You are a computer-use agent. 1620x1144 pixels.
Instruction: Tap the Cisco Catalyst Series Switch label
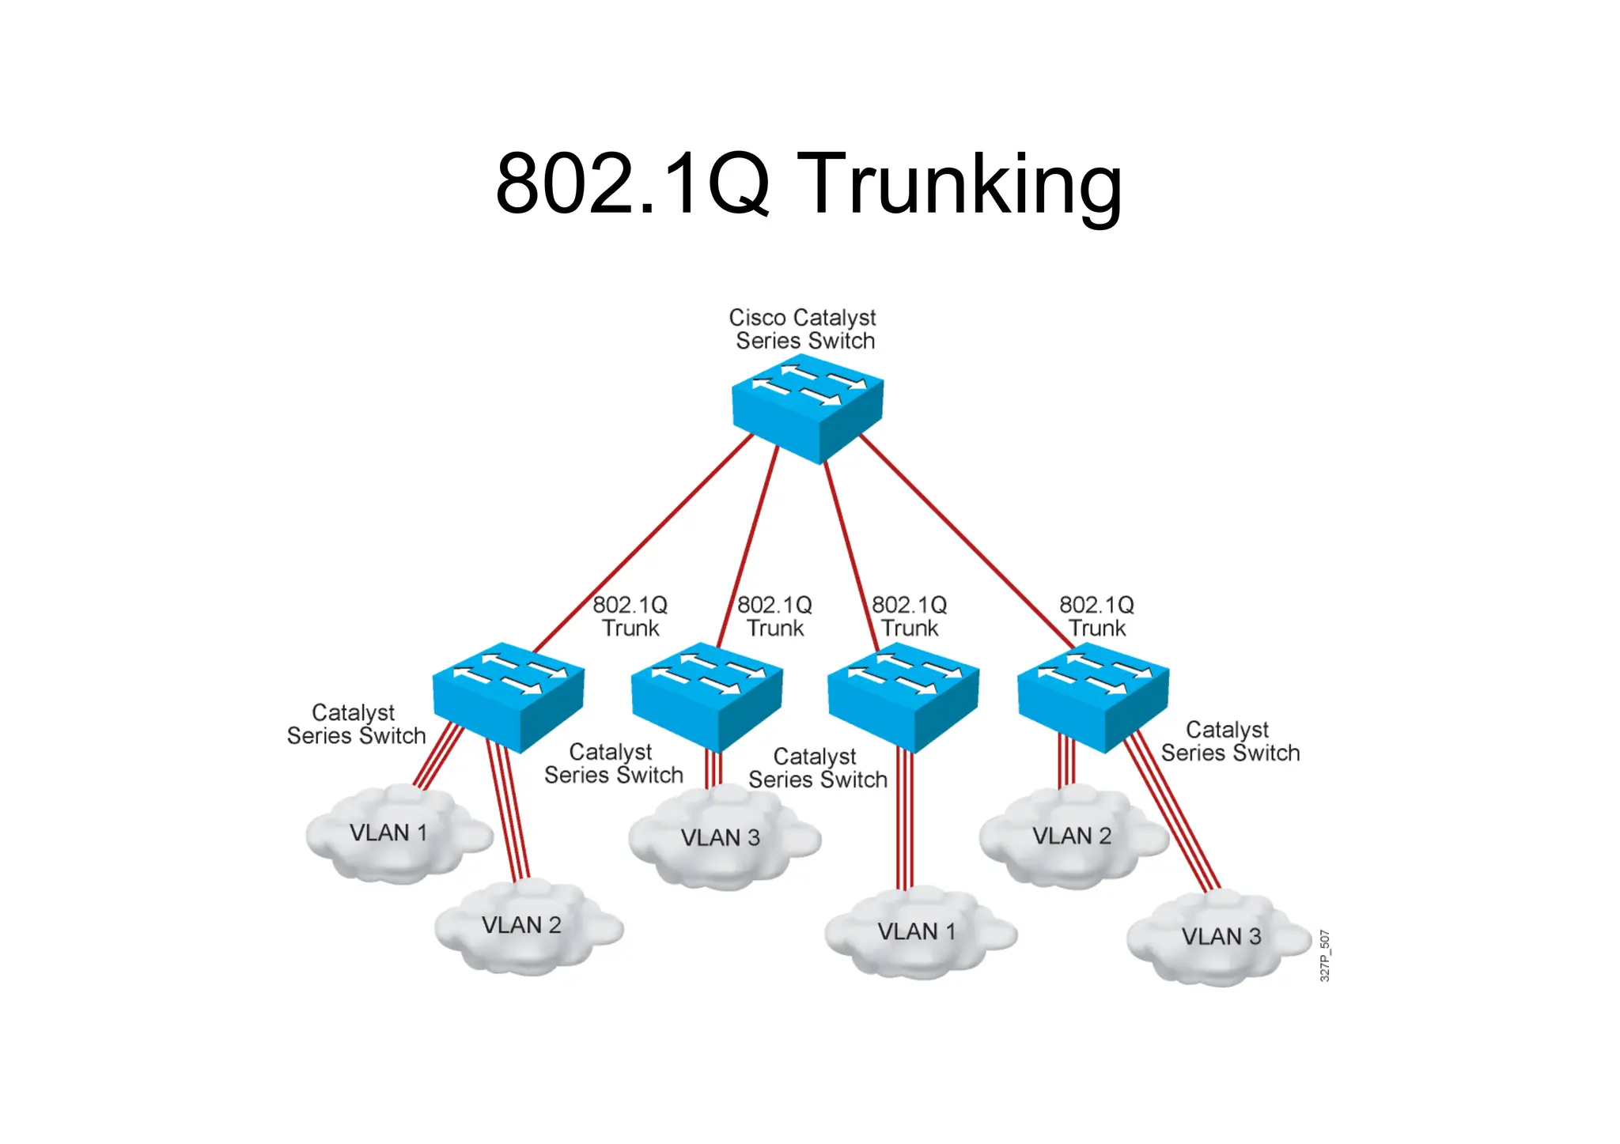click(803, 329)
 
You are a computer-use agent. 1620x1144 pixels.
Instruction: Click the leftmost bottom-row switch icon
click(508, 697)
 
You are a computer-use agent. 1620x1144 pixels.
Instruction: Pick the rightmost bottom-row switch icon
click(1092, 697)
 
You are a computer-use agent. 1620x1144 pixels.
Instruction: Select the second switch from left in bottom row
click(706, 697)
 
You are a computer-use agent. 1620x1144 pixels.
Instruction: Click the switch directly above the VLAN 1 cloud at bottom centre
click(903, 697)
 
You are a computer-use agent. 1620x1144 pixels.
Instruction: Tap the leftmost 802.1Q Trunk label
click(630, 617)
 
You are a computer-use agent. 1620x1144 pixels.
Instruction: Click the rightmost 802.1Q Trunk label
click(1096, 617)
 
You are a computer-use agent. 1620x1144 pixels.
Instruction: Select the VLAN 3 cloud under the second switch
click(721, 840)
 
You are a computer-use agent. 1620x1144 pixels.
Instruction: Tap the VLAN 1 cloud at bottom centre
click(918, 934)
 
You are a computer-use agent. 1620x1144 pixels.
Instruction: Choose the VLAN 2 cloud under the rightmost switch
click(1072, 838)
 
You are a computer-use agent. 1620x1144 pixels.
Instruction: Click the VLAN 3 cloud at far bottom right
click(1221, 938)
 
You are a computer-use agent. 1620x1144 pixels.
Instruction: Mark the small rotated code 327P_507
click(1325, 956)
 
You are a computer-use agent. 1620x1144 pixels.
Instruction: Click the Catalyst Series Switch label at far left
click(356, 724)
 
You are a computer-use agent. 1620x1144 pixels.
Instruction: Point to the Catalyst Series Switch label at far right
click(1229, 742)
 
